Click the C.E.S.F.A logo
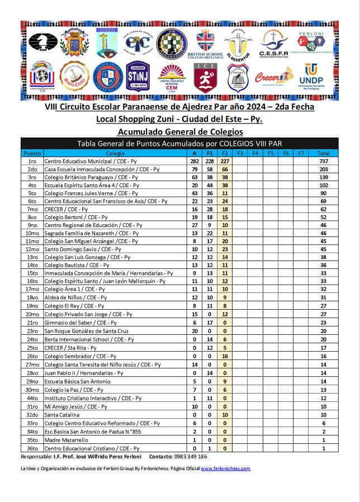pyautogui.click(x=273, y=44)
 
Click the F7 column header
pyautogui.click(x=301, y=153)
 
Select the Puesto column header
pyautogui.click(x=32, y=153)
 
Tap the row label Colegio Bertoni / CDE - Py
pyautogui.click(x=76, y=217)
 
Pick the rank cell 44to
pyautogui.click(x=32, y=398)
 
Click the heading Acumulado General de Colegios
pyautogui.click(x=180, y=132)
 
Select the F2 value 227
pyautogui.click(x=225, y=161)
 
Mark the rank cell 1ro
pyautogui.click(x=32, y=161)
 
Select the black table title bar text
pyautogui.click(x=179, y=144)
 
